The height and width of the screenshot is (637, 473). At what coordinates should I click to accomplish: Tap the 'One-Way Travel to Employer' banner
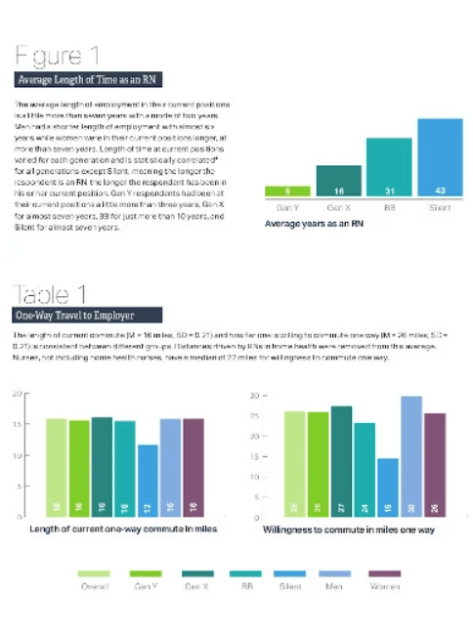pos(74,317)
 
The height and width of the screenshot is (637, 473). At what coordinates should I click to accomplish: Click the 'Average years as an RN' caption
pos(310,224)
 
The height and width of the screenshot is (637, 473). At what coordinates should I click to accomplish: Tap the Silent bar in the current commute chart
pos(148,480)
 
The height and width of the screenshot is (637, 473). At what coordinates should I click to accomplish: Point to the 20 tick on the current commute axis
pos(16,394)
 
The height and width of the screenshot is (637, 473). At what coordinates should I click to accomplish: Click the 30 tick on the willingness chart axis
pos(252,396)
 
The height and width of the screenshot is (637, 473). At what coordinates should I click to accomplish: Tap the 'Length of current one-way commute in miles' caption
pos(122,530)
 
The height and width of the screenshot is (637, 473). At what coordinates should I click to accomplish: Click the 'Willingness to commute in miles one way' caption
pos(349,531)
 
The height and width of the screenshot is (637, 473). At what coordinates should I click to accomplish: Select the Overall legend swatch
pos(94,575)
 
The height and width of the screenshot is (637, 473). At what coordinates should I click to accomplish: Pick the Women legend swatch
pos(383,575)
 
